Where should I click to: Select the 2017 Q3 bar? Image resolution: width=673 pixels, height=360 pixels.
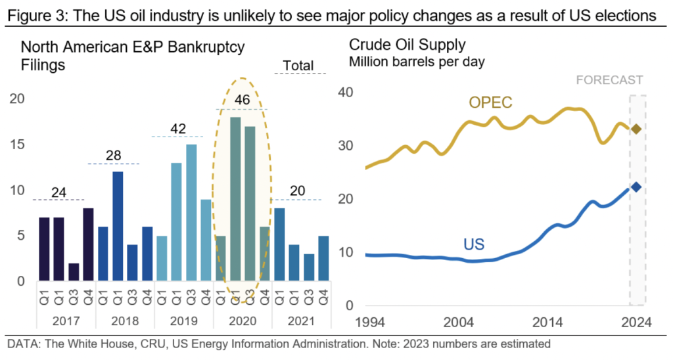pyautogui.click(x=74, y=273)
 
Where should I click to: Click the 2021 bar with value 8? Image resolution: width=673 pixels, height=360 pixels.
pyautogui.click(x=279, y=245)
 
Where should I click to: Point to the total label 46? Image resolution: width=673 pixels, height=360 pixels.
pyautogui.click(x=243, y=101)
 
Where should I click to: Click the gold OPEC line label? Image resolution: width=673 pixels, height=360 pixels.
pyautogui.click(x=490, y=102)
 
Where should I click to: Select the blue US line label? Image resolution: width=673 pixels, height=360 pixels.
pyautogui.click(x=473, y=244)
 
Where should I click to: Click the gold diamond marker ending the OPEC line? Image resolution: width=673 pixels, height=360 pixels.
pyautogui.click(x=636, y=129)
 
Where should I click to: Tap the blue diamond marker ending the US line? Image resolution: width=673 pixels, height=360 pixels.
pyautogui.click(x=636, y=187)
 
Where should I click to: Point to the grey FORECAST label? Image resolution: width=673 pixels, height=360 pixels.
pyautogui.click(x=609, y=81)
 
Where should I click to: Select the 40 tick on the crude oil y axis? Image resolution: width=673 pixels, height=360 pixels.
pyautogui.click(x=344, y=93)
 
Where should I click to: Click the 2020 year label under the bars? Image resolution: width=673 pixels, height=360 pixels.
pyautogui.click(x=242, y=323)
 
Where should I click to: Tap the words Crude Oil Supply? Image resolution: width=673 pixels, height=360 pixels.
pyautogui.click(x=407, y=45)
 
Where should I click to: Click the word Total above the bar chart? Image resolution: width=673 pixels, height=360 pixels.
pyautogui.click(x=298, y=66)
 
